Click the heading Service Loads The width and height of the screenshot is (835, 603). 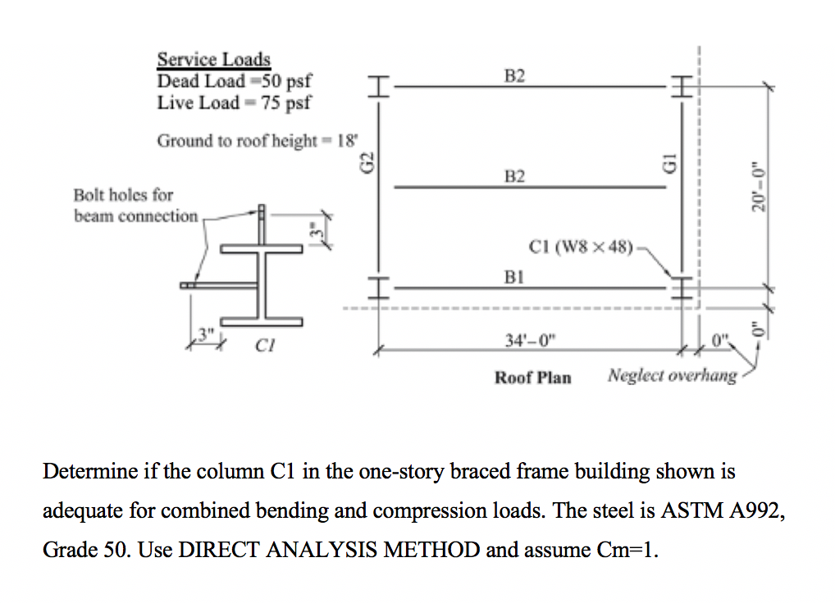213,60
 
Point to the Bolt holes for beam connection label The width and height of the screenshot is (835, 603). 124,206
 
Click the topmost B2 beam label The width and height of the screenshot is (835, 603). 515,76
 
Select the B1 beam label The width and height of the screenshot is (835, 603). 515,278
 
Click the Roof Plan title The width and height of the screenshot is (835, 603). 532,378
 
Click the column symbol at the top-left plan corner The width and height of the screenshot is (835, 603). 377,86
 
